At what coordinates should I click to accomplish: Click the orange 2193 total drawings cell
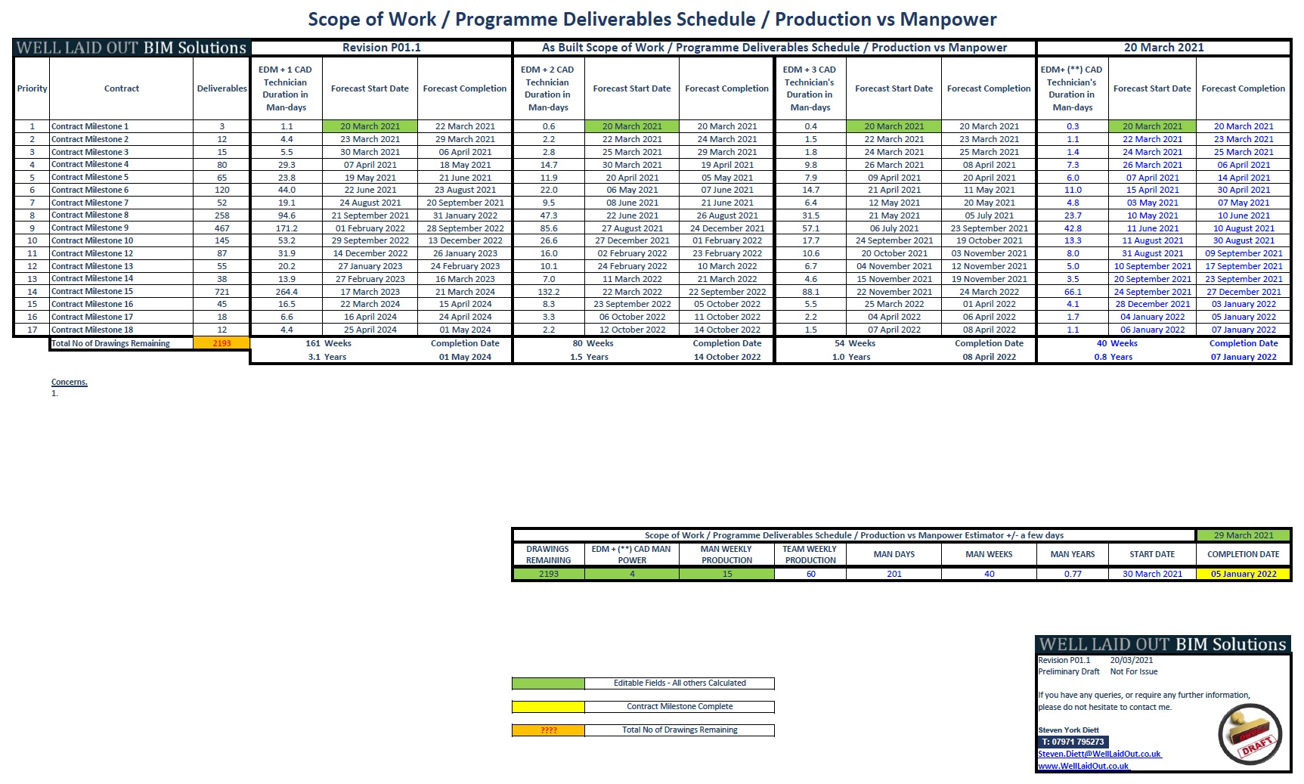click(x=221, y=343)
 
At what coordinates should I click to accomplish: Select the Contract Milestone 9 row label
click(x=90, y=228)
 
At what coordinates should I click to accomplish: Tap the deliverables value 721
click(x=221, y=292)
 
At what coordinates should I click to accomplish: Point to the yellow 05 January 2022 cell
click(x=1244, y=574)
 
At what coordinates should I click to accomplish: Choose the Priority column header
click(x=32, y=88)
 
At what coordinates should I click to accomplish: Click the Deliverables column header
click(x=221, y=88)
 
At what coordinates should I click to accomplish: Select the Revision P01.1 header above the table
click(x=381, y=48)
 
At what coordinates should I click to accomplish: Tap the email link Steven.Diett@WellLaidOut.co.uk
click(x=1099, y=754)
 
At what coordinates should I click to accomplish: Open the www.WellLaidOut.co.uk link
click(x=1083, y=766)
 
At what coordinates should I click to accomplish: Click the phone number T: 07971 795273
click(x=1073, y=742)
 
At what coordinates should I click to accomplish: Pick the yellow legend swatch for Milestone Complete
click(x=548, y=707)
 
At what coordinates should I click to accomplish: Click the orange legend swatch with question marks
click(x=548, y=730)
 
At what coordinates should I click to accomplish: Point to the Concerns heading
click(x=70, y=382)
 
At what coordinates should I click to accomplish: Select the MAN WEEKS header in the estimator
click(x=989, y=554)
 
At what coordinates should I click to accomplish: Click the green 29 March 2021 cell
click(x=1244, y=535)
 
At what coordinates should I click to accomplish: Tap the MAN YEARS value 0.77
click(x=1072, y=574)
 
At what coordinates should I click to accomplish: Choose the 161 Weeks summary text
click(x=328, y=343)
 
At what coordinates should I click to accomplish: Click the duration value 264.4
click(x=287, y=292)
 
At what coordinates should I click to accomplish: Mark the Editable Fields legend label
click(x=680, y=683)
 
